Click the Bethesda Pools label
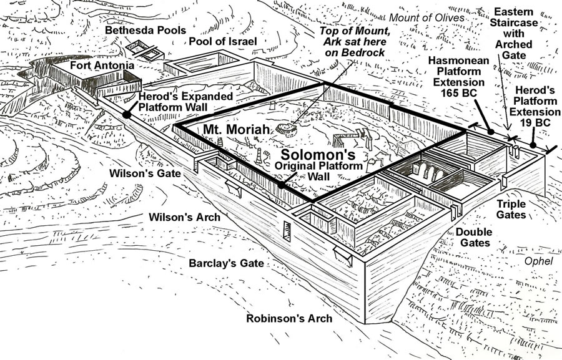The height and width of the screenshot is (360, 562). point(145,30)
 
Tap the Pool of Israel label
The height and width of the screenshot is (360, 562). point(223,41)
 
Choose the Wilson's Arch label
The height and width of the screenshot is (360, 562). point(184,218)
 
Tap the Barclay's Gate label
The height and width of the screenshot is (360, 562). point(225,263)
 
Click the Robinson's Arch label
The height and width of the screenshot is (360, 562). point(288,318)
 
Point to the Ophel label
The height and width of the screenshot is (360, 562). point(540,261)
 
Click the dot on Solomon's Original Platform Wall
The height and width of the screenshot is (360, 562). point(282,185)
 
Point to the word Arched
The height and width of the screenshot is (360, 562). point(515,44)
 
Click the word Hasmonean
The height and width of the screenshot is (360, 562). point(461,60)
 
